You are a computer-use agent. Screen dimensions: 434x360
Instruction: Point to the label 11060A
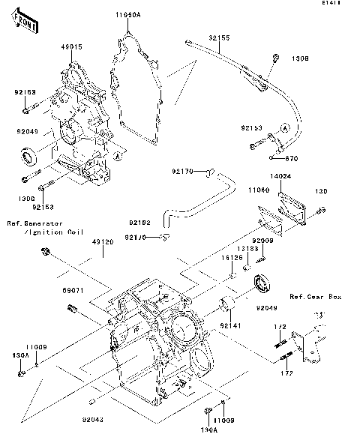pos(128,14)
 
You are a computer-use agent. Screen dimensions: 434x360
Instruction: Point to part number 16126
pos(230,259)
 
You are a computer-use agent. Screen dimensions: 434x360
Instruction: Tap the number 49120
pos(103,242)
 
